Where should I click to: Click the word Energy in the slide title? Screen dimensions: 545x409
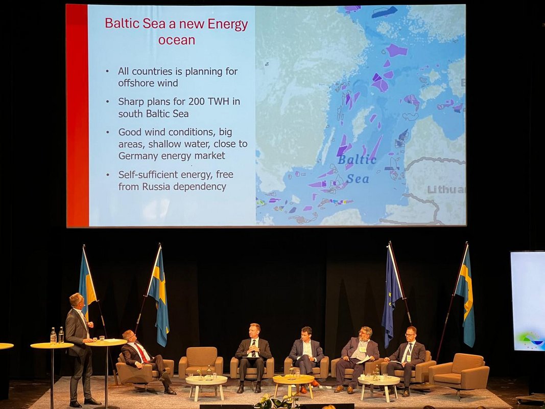(x=228, y=25)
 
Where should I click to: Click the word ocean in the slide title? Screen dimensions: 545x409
(x=177, y=40)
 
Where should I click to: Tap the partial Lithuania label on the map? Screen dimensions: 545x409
(x=446, y=190)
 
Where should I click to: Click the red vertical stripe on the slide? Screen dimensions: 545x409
(x=77, y=116)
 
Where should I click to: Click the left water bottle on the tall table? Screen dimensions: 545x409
(x=53, y=335)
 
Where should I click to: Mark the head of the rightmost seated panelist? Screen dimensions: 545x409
(x=411, y=334)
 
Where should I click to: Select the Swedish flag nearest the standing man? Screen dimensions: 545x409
(x=87, y=285)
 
